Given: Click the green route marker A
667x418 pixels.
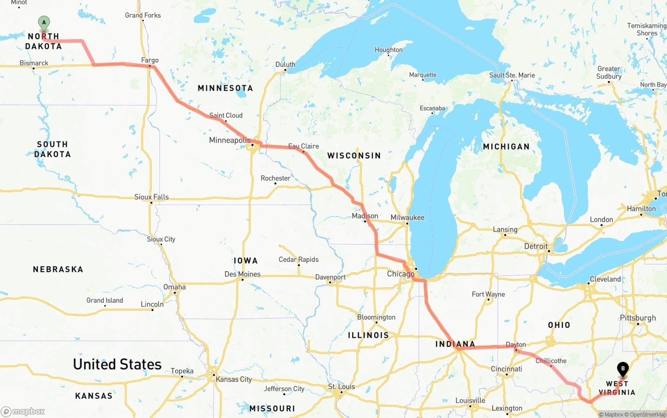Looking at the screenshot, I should pos(44,22).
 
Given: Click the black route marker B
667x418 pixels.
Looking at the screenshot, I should pos(623,369).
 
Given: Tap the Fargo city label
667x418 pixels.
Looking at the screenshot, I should pos(150,60).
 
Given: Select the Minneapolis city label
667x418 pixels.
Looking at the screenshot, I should pos(229,141).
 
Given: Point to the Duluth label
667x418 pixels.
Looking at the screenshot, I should pos(285,65).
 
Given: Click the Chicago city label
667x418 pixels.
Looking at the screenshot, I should pos(400,274).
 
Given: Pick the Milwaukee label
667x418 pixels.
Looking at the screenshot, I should pos(407,218).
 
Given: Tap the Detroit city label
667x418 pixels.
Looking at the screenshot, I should pos(536,246).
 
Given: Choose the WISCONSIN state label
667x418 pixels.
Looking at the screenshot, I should pos(354,156).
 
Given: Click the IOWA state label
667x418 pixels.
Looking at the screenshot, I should pos(245,261).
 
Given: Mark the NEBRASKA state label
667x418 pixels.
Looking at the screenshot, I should pos(58,270).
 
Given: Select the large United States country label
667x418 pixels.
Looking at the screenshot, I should pos(117,364).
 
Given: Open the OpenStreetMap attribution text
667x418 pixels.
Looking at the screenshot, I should pos(646,414).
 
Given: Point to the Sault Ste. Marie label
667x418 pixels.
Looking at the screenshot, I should pos(512,75).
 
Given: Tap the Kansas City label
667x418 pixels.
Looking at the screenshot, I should pos(234,379).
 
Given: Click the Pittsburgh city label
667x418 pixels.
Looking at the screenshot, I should pos(638,318).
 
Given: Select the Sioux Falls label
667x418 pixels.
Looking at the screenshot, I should pos(152,197).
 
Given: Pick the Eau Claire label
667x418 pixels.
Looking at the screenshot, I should pos(303,146).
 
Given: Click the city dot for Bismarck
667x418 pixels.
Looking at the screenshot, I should pos(33,68).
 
